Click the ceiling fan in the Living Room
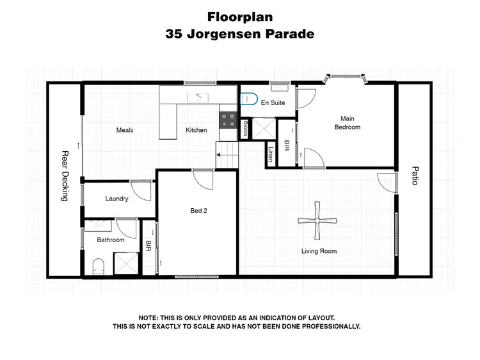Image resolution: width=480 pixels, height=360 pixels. pos(317,221)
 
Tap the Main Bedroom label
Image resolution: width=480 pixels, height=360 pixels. pos(348,122)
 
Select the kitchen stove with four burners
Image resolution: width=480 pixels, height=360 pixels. pos(227,120)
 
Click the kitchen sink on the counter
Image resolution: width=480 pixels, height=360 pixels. pos(198,97)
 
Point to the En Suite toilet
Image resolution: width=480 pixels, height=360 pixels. pos(248,100)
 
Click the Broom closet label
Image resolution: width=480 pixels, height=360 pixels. pos(246,129)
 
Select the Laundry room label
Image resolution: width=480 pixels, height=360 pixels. pos(117,199)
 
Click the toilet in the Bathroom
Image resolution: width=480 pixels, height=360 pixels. pos(98,266)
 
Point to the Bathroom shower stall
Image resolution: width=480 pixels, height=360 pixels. pos(126,263)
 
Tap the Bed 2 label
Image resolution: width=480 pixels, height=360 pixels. pos(199,210)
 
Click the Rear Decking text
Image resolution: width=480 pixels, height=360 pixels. pos(64,176)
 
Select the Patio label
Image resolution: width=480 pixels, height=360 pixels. pos(414,176)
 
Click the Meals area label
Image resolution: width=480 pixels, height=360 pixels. pos(124,130)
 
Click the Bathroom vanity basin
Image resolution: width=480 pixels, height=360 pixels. pos(99,225)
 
